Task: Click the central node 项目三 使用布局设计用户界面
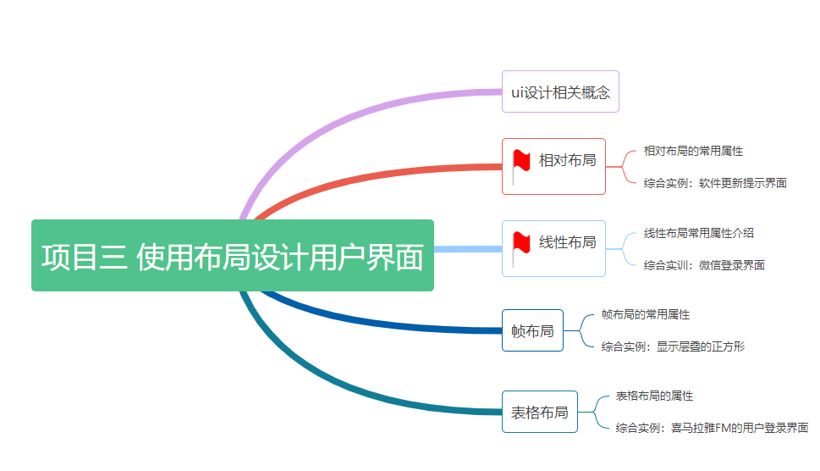(x=232, y=256)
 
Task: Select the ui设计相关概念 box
(x=560, y=91)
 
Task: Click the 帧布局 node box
(x=532, y=330)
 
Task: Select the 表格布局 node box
(x=539, y=413)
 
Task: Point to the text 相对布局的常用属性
(x=693, y=151)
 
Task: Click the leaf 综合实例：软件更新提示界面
(x=714, y=183)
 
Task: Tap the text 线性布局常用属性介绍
(x=698, y=233)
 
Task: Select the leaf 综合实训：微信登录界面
(x=704, y=265)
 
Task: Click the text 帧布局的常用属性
(x=645, y=314)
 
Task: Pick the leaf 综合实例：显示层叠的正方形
(x=673, y=346)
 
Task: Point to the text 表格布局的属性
(x=654, y=396)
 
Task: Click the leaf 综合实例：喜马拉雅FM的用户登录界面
(x=712, y=428)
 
